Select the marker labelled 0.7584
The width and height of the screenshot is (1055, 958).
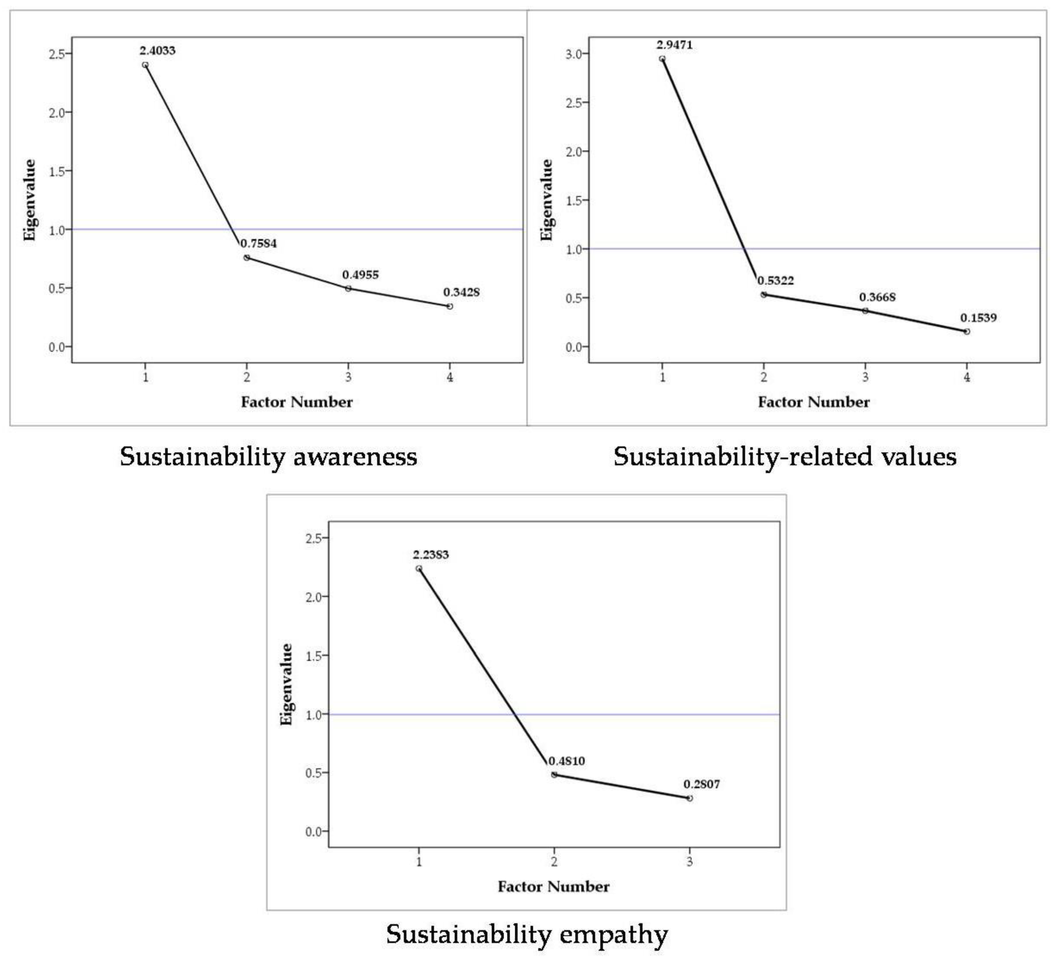click(247, 257)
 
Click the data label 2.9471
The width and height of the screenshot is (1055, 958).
click(674, 45)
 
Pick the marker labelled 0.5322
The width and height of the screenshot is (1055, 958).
click(764, 294)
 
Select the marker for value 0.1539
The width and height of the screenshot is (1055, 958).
click(967, 331)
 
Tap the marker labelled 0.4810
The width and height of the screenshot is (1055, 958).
click(554, 775)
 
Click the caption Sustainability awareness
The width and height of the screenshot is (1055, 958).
click(268, 457)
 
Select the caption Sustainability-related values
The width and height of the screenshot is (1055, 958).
click(785, 457)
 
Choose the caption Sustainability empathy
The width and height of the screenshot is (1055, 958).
click(527, 934)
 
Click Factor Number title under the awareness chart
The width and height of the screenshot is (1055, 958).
click(297, 402)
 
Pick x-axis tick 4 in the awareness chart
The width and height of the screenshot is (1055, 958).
click(450, 377)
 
